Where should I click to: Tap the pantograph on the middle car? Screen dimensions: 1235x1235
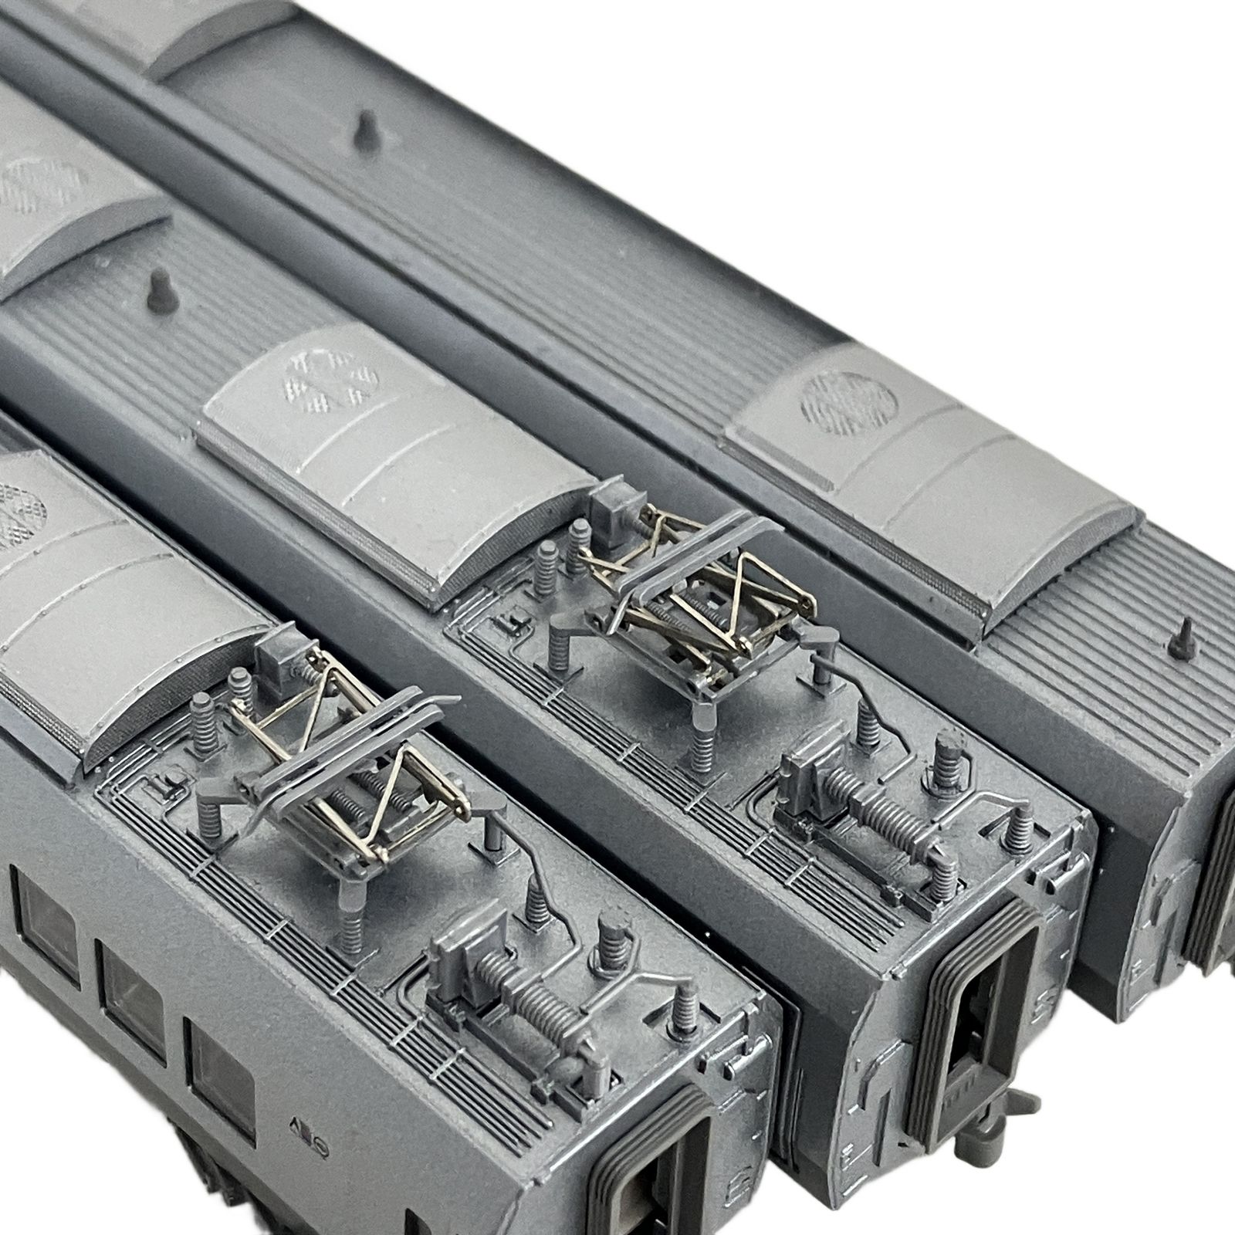695,594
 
